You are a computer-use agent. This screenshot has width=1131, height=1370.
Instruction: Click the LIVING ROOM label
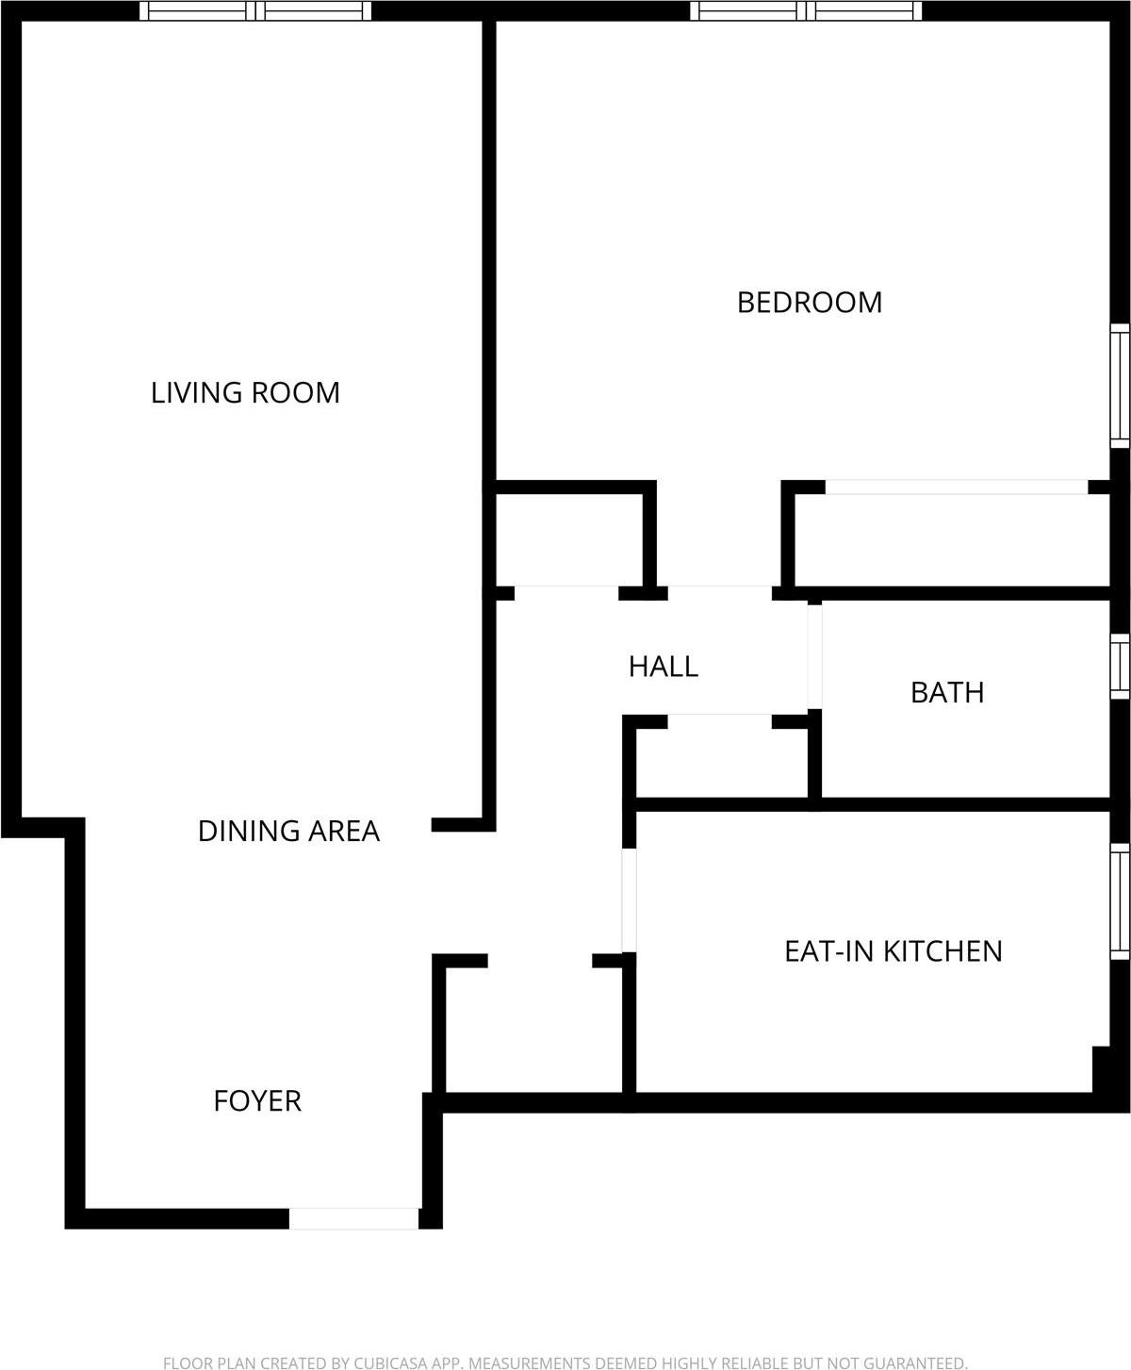click(245, 392)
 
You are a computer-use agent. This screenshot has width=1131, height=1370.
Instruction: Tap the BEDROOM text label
click(809, 303)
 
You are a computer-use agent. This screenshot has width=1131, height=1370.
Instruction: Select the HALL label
click(664, 667)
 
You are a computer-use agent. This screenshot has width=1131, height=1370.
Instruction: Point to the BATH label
click(947, 692)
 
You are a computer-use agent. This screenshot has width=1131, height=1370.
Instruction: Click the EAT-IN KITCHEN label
click(893, 950)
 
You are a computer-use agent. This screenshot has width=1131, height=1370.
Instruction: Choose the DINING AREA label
click(288, 831)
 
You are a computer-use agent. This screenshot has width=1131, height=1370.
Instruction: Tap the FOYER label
click(257, 1100)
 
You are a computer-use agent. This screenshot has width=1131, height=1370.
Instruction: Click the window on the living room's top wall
click(255, 11)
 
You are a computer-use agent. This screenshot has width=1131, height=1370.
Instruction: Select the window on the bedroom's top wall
click(806, 11)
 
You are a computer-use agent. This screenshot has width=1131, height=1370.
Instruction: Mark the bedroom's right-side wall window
click(1120, 385)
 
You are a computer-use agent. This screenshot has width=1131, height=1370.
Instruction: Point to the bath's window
click(1120, 667)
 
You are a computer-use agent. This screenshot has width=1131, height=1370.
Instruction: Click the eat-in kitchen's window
click(1120, 901)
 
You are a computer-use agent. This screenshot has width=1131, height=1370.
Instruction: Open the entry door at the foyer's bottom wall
click(353, 1218)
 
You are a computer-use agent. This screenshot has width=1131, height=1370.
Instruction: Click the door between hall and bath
click(814, 655)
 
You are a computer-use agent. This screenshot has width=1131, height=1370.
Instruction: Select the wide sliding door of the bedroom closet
click(957, 487)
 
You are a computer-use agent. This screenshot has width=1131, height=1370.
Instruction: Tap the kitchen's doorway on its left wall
click(629, 900)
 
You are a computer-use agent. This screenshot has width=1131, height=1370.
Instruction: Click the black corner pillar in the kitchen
click(1101, 1068)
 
